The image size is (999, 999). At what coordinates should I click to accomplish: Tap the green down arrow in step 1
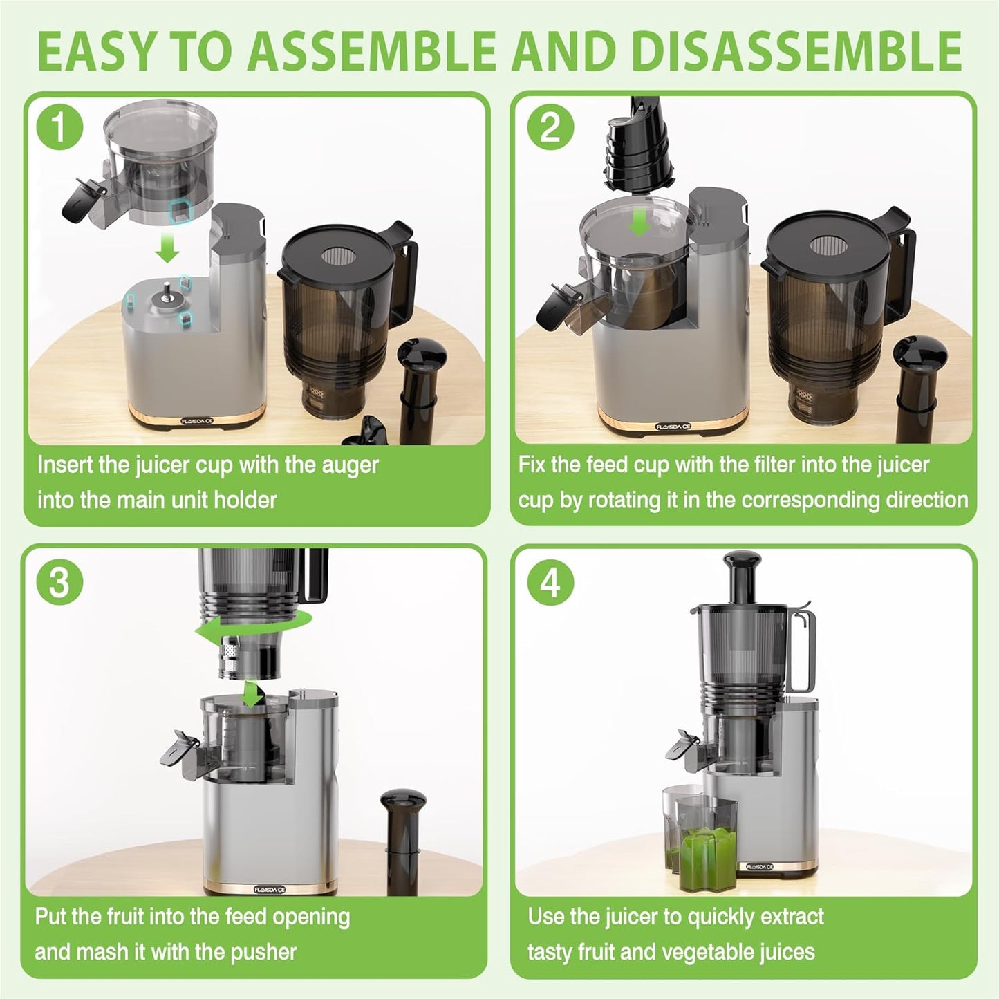167,247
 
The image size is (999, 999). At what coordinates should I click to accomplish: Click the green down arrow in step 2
641,221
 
